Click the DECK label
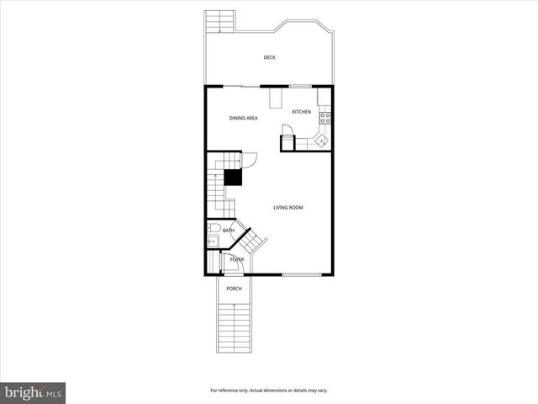[x=269, y=57]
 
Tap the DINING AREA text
[x=243, y=119]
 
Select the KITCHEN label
[x=301, y=112]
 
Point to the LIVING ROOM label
[x=287, y=207]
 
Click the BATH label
[x=228, y=230]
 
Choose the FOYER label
[x=237, y=259]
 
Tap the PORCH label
[x=234, y=289]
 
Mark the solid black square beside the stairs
[x=232, y=177]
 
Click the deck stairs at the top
[x=219, y=21]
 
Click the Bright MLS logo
[x=34, y=392]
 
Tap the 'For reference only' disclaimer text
[x=268, y=391]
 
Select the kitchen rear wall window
[x=300, y=86]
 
